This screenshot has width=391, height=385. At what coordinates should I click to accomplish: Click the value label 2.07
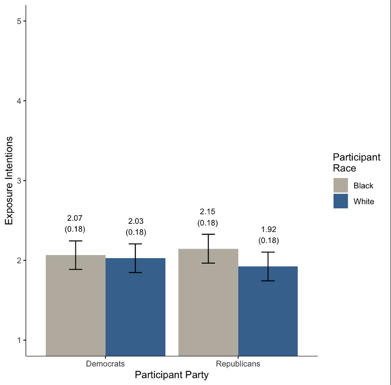click(x=75, y=218)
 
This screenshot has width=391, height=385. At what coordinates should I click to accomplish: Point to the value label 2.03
click(x=136, y=221)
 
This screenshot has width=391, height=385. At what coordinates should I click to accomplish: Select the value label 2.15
click(x=208, y=212)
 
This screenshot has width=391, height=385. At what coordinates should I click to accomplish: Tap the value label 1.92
click(x=269, y=229)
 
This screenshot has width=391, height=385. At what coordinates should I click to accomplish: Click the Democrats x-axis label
click(x=105, y=364)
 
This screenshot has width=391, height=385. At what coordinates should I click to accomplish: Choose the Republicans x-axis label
click(x=238, y=364)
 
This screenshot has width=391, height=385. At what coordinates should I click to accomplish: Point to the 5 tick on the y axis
click(x=20, y=21)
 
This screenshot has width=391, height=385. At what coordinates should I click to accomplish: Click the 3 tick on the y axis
click(x=20, y=180)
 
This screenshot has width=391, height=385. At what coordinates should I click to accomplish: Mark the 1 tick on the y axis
click(x=20, y=340)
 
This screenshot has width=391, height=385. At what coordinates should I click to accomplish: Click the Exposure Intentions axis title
click(x=9, y=180)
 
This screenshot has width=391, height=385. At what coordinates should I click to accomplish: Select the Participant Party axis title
click(x=171, y=375)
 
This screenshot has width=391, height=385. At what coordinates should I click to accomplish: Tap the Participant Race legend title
click(x=356, y=162)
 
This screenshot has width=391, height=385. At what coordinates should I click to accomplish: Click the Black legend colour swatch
click(x=341, y=186)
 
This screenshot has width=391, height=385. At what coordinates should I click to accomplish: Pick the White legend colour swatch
click(x=341, y=201)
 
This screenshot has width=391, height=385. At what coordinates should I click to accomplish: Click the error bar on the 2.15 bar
click(x=208, y=249)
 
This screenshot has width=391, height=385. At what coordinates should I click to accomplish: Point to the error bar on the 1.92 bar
click(x=268, y=266)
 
